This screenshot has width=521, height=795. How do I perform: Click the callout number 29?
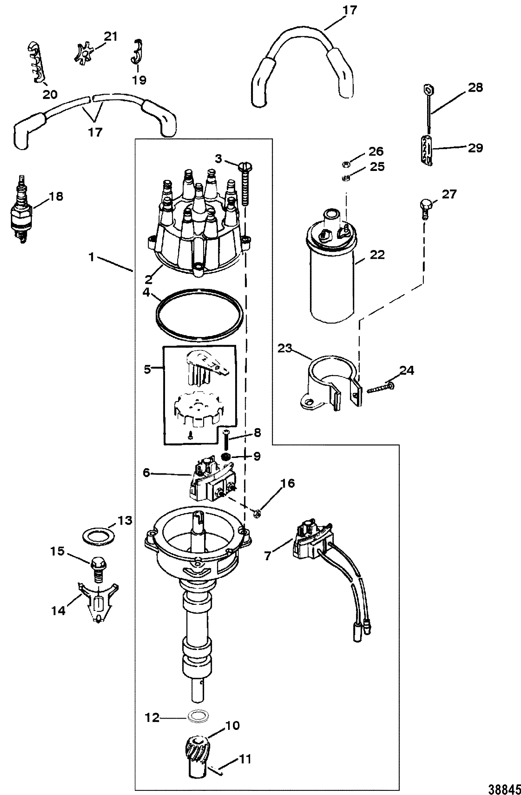click(475, 148)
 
